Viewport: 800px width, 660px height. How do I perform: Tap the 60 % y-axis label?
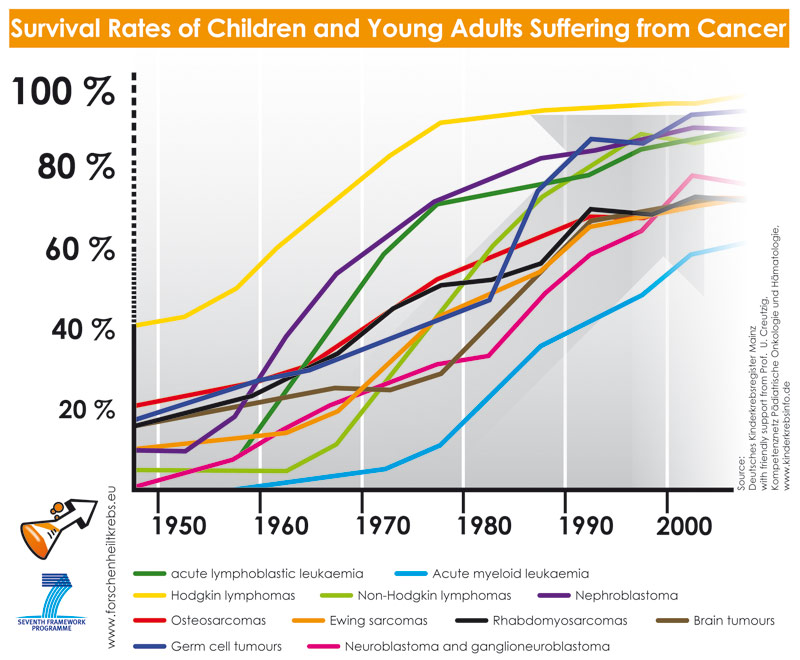[80, 249]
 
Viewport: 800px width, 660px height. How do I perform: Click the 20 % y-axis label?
[84, 409]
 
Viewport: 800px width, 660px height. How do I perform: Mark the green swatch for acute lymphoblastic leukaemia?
[149, 574]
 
